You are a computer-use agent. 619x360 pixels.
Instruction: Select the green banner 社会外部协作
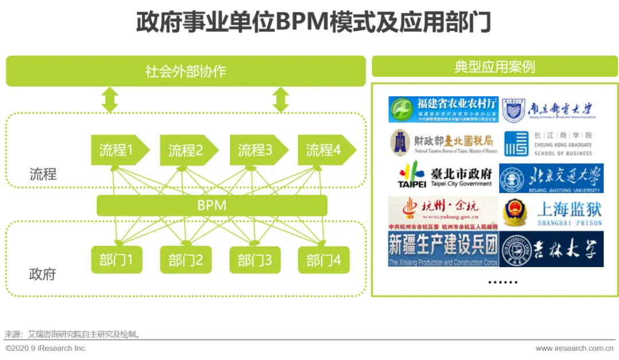[186, 72]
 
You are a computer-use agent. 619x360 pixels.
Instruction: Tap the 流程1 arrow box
[118, 150]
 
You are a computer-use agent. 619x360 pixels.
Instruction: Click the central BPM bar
[212, 205]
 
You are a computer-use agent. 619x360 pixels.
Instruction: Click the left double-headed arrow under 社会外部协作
[109, 100]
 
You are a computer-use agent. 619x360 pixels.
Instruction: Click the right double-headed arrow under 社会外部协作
[280, 100]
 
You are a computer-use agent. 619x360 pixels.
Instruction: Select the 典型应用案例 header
[495, 66]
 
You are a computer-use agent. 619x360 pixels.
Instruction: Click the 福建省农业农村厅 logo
[443, 109]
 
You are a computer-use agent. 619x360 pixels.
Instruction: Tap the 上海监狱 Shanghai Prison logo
[551, 212]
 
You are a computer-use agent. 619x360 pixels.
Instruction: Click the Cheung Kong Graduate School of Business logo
[551, 143]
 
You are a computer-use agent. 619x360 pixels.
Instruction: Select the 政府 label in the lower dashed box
[42, 274]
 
